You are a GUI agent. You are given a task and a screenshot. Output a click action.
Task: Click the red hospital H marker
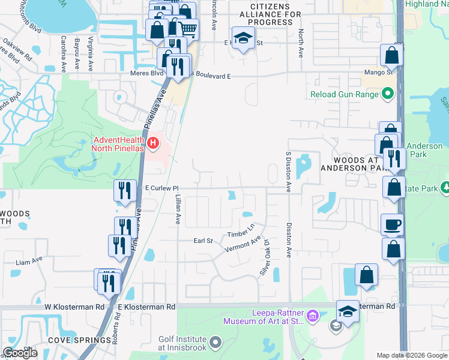point(154,143)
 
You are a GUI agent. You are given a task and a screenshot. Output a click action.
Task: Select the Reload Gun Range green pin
point(387,94)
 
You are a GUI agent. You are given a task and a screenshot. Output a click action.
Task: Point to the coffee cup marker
point(393,224)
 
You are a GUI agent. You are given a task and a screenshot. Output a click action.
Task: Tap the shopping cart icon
point(188,28)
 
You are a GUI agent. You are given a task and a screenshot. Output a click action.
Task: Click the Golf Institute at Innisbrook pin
point(215,343)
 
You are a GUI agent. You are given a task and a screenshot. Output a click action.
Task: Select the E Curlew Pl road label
point(163,188)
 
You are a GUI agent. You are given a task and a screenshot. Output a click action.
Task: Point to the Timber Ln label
point(242,229)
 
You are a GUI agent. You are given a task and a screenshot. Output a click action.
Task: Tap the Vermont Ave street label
point(243,244)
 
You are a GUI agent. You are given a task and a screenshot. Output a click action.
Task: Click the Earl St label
point(203,241)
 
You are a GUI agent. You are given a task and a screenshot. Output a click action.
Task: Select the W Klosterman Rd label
point(74,307)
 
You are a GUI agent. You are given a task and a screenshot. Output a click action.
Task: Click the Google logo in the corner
point(21,353)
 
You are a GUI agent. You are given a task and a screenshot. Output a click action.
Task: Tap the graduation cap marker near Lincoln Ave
point(243,38)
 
